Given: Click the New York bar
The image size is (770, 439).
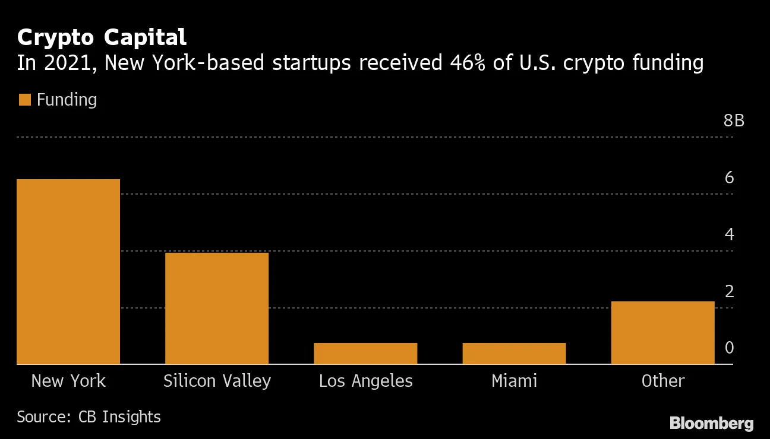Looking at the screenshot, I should (x=68, y=272).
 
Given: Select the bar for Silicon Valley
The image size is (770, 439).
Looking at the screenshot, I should (x=217, y=308).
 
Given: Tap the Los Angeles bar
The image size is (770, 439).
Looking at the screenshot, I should (x=365, y=354).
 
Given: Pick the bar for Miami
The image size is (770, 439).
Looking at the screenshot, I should (x=514, y=354).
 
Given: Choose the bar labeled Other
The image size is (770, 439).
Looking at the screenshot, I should (x=662, y=333).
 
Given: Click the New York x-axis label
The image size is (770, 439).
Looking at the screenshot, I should (x=68, y=381).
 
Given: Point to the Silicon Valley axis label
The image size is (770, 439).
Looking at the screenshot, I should (x=217, y=381).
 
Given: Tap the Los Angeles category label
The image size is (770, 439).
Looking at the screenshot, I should (x=365, y=381).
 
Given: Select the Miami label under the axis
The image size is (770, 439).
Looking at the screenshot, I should (x=514, y=381).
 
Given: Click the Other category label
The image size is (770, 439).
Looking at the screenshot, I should (x=662, y=381).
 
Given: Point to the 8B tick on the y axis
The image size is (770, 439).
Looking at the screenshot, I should (x=734, y=121).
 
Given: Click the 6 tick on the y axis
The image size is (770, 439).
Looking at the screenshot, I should (x=729, y=177).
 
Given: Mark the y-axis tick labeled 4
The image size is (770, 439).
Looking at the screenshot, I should (x=729, y=234).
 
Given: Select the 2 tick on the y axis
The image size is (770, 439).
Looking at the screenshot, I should (x=729, y=291).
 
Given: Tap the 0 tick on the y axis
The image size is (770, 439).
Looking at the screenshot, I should (x=729, y=348).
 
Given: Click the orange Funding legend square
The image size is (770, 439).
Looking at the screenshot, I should (x=24, y=100).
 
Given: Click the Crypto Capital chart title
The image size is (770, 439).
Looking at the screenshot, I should (x=102, y=37).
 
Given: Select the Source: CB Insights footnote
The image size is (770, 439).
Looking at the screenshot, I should (x=89, y=417).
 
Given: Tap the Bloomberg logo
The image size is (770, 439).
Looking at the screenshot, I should (x=711, y=424).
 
